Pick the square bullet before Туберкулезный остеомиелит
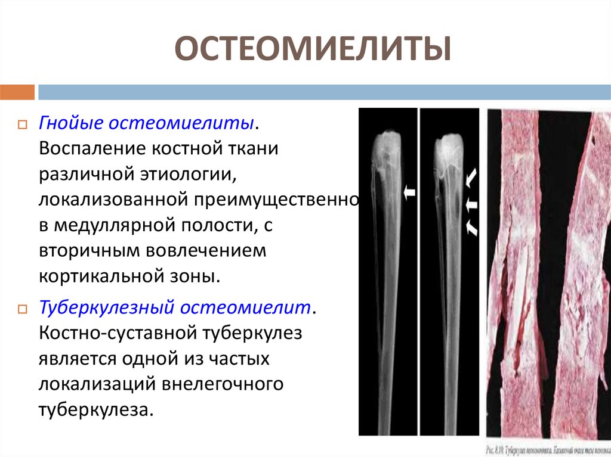22,310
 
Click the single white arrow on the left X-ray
409,192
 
